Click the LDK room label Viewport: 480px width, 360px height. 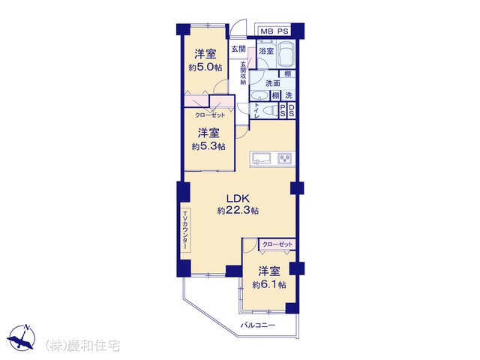pyautogui.click(x=238, y=199)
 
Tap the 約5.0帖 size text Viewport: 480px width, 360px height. pyautogui.click(x=205, y=67)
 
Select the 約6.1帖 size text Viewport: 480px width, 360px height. pyautogui.click(x=269, y=285)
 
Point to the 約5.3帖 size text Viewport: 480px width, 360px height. pyautogui.click(x=208, y=147)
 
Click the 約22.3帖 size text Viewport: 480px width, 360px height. pyautogui.click(x=238, y=211)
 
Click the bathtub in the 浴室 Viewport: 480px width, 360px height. pyautogui.click(x=286, y=55)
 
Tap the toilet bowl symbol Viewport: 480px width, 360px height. pyautogui.click(x=270, y=110)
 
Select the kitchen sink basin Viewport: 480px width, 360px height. pyautogui.click(x=261, y=159)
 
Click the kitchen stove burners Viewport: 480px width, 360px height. pyautogui.click(x=285, y=158)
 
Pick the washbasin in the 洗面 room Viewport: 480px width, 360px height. pyautogui.click(x=259, y=96)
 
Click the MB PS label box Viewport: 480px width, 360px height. pyautogui.click(x=274, y=31)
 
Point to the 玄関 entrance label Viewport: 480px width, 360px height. pyautogui.click(x=238, y=49)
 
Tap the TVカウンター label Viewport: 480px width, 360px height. pyautogui.click(x=185, y=230)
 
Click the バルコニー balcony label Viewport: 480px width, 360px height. pyautogui.click(x=258, y=325)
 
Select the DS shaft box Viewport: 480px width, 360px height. pyautogui.click(x=292, y=110)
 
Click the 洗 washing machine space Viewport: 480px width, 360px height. pyautogui.click(x=289, y=95)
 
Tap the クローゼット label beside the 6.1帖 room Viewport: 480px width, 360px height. pyautogui.click(x=277, y=244)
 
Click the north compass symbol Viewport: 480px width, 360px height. pyautogui.click(x=22, y=337)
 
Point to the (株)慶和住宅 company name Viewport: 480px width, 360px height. pyautogui.click(x=82, y=346)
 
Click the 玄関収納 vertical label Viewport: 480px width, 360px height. pyautogui.click(x=243, y=73)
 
